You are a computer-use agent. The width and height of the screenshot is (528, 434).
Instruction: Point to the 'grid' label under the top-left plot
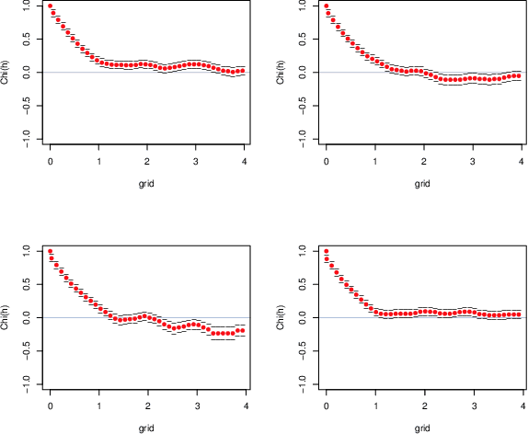146,184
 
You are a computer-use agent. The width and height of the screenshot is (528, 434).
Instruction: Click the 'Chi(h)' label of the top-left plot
8,72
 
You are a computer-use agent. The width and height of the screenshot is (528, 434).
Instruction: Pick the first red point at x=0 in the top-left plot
51,6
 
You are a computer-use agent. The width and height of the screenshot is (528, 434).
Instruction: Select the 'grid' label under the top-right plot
422,184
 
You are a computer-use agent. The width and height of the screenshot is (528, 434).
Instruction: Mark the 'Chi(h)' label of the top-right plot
284,72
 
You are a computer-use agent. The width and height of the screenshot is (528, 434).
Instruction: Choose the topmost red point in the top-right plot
327,6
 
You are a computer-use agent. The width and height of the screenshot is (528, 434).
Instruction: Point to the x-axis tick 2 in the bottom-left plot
147,406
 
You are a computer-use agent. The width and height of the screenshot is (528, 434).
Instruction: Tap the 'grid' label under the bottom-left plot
146,428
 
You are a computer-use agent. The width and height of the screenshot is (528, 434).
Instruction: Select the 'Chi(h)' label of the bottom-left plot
8,317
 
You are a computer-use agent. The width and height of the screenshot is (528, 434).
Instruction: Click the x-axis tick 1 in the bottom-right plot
374,406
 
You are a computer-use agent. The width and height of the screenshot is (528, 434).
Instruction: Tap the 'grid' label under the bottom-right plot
422,428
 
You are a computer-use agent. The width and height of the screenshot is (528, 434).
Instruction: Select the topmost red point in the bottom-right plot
327,251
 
